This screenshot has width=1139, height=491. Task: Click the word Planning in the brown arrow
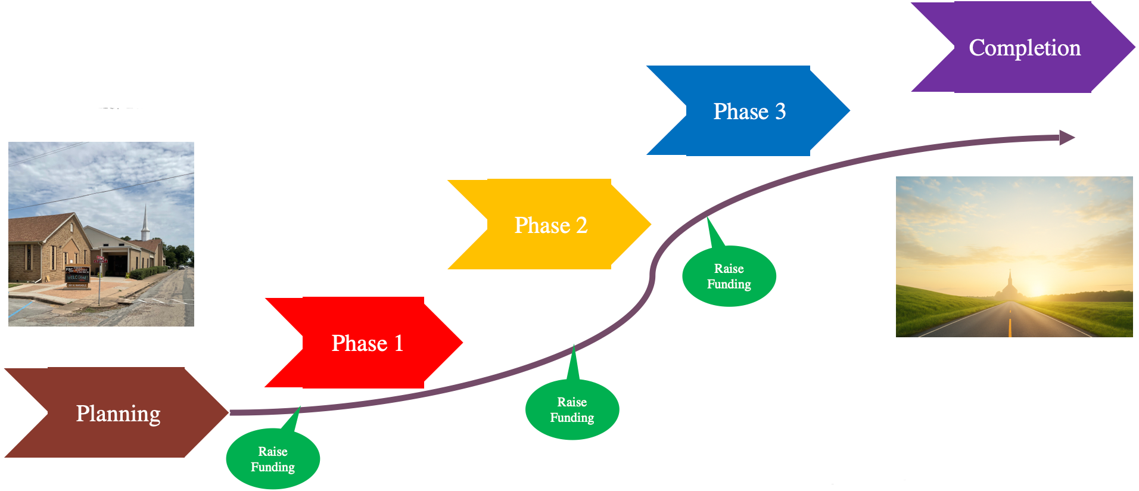pos(118,414)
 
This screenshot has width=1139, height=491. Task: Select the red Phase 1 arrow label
pos(367,343)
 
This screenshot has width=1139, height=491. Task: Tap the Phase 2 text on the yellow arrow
pos(550,225)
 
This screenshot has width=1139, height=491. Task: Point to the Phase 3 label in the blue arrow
pos(749,111)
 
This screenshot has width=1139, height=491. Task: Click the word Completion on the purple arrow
pos(1024,48)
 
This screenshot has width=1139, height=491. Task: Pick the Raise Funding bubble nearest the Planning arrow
pos(273,459)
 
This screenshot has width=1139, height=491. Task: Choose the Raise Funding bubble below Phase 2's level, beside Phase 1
pos(572,409)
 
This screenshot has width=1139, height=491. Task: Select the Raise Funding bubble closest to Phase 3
pos(729,276)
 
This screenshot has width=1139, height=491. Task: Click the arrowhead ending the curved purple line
pos(1067,138)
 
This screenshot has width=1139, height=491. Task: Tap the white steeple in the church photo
pos(144,223)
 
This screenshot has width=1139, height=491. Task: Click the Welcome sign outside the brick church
pos(77,278)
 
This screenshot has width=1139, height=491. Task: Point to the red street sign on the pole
pos(100,260)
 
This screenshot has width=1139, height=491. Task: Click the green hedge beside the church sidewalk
pos(146,273)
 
